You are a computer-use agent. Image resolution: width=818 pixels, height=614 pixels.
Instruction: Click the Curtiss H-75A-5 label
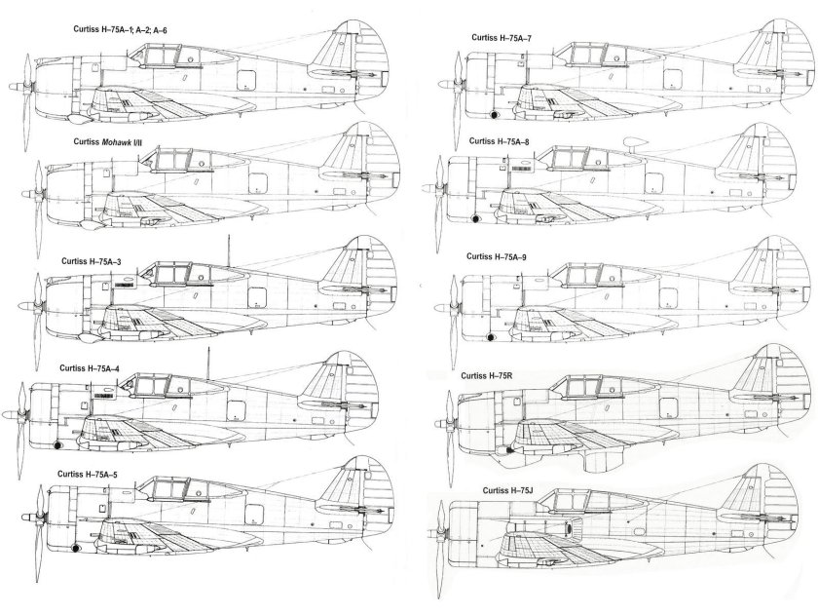(90, 473)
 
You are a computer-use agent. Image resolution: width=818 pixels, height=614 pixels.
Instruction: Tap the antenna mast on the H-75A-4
(206, 365)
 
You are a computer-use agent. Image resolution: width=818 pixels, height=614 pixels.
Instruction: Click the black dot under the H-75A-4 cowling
(59, 446)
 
